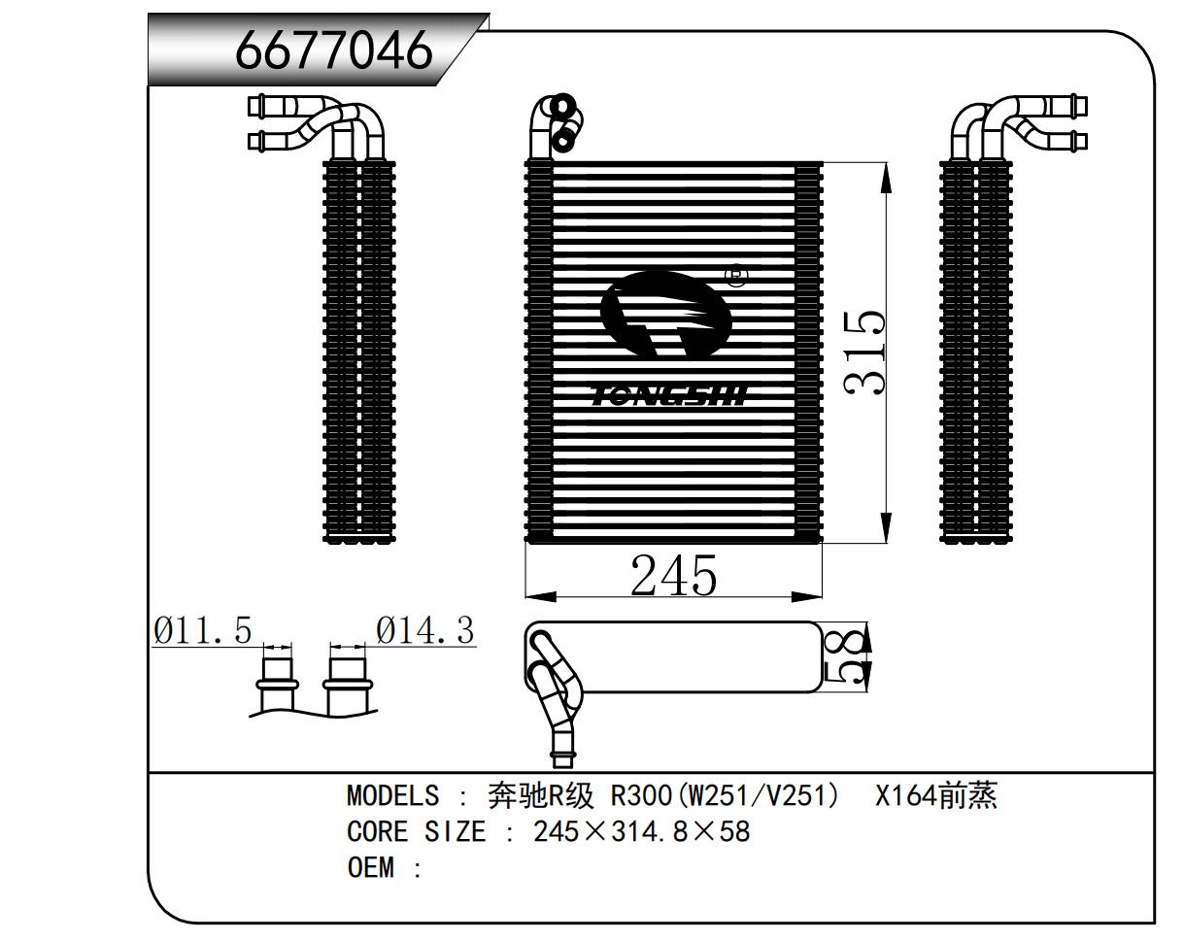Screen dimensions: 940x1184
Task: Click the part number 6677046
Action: click(333, 49)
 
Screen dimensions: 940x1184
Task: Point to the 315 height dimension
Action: click(864, 352)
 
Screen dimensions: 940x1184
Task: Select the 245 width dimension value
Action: click(673, 576)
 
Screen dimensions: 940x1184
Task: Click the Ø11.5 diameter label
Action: click(202, 631)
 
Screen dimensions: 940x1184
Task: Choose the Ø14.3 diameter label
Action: click(425, 631)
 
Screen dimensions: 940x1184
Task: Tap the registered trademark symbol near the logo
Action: click(738, 276)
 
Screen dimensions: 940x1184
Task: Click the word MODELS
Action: click(392, 796)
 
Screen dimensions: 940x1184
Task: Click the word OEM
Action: click(370, 867)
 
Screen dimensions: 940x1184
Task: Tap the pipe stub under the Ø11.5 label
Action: click(278, 683)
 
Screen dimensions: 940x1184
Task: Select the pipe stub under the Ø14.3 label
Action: click(348, 683)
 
